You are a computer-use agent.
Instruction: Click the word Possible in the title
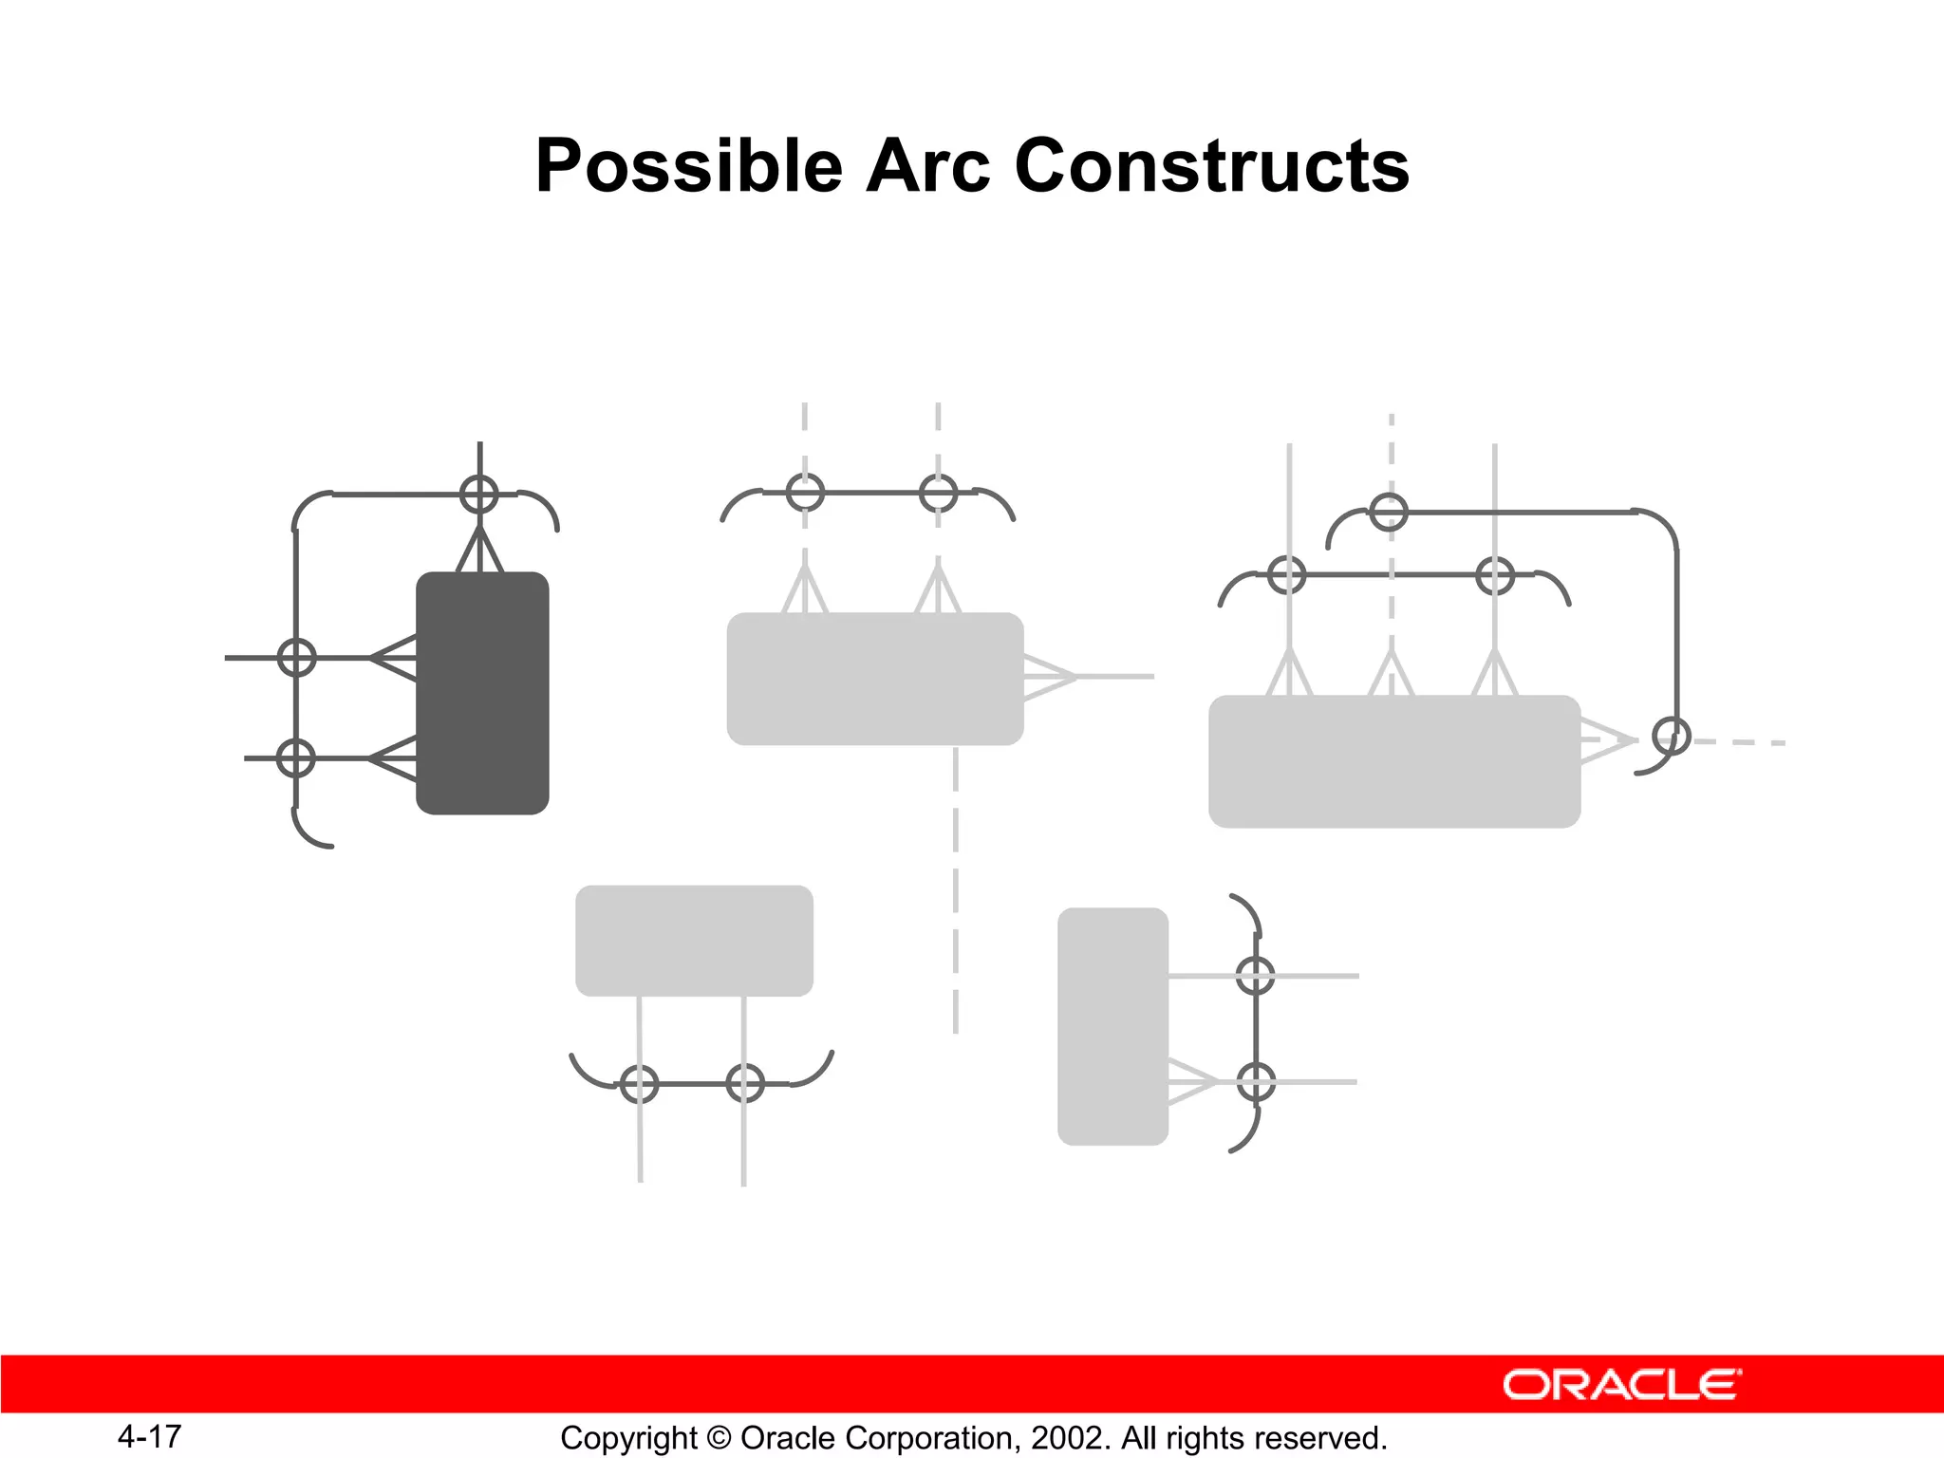[x=689, y=166]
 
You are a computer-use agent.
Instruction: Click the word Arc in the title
[x=928, y=166]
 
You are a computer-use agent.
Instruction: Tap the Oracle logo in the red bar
[x=1621, y=1385]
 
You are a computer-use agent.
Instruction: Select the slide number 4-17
[x=150, y=1436]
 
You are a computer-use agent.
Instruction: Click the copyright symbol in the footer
[x=719, y=1438]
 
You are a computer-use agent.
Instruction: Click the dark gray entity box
[x=482, y=693]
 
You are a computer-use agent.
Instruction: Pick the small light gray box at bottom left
[x=694, y=941]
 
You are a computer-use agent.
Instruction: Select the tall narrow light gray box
[x=1112, y=1026]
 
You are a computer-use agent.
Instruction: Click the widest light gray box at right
[x=1393, y=761]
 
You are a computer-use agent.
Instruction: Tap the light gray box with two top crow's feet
[x=874, y=679]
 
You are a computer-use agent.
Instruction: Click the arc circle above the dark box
[x=479, y=495]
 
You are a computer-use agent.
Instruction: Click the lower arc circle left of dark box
[x=296, y=758]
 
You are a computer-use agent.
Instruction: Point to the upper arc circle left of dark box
[x=297, y=657]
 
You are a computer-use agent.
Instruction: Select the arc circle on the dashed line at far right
[x=1672, y=736]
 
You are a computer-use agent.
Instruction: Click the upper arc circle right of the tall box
[x=1256, y=976]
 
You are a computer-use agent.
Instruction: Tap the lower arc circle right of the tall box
[x=1256, y=1082]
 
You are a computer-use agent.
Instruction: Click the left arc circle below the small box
[x=639, y=1083]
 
